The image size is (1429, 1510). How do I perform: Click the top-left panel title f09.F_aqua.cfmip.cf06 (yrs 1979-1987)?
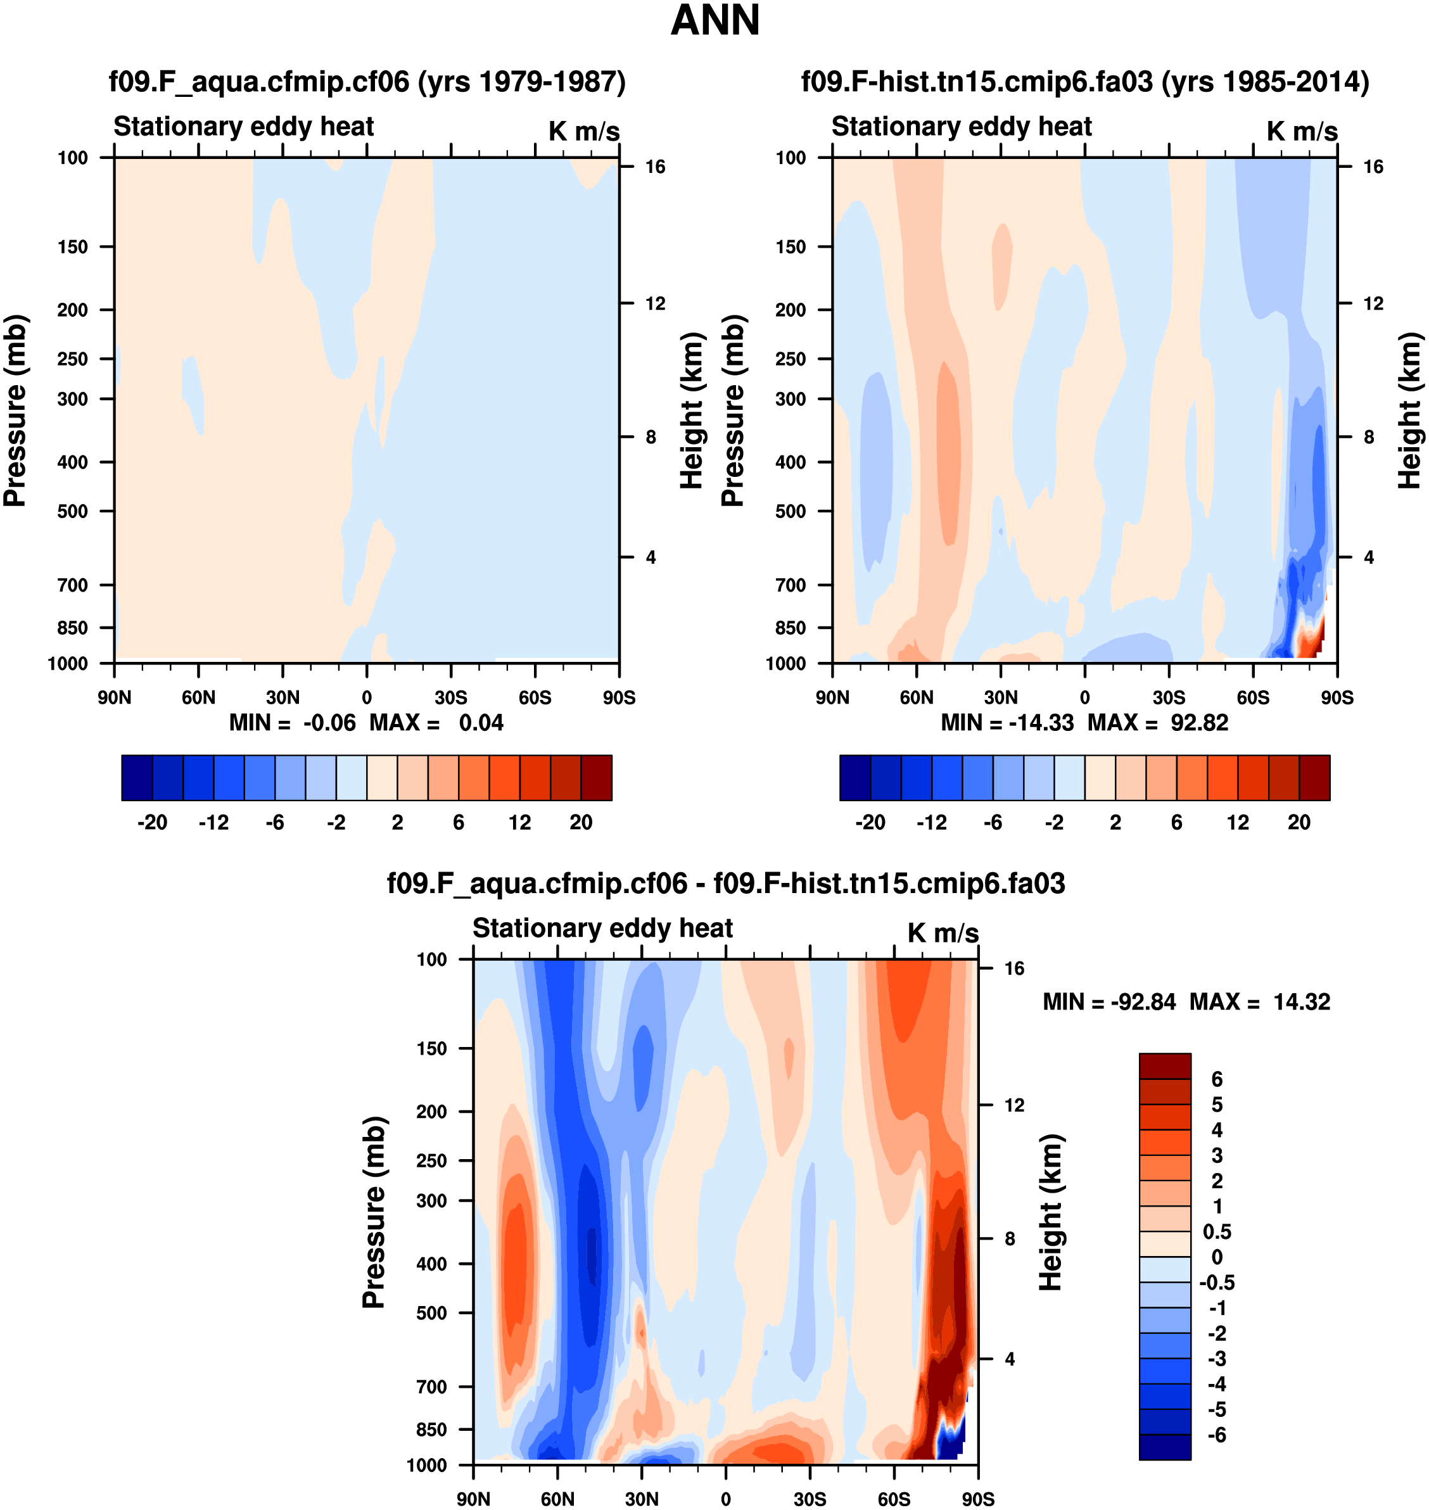367,82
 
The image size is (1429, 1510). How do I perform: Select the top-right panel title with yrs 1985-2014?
1084,82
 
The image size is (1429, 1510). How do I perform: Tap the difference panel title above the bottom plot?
725,883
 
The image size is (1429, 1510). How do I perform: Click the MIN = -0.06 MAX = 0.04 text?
366,722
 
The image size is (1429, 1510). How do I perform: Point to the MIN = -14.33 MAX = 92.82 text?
1084,722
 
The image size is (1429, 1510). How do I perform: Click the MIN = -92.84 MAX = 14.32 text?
1186,1001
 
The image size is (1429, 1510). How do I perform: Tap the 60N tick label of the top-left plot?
198,697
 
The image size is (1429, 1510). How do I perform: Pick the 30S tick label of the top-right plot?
1169,697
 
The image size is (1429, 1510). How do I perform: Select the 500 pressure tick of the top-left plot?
72,511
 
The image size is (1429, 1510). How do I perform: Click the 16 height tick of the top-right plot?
1373,167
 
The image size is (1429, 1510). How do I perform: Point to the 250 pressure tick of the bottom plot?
431,1160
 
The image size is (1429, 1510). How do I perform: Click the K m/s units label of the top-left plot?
583,131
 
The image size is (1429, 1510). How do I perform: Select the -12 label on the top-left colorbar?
213,823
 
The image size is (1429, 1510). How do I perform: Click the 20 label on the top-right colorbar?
1299,823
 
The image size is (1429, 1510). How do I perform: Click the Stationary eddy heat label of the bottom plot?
602,928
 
